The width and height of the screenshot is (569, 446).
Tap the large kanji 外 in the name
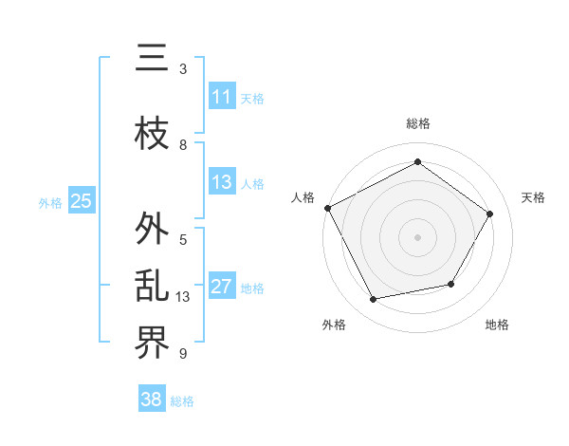[152, 230]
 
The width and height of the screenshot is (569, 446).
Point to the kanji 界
[152, 344]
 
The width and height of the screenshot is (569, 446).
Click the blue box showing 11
[222, 97]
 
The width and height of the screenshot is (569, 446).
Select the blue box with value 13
[222, 182]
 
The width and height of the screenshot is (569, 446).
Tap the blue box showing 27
[222, 287]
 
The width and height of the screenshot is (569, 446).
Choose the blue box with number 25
[81, 201]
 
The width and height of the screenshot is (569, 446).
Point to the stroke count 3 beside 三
[183, 69]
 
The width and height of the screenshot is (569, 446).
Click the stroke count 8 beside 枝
[183, 145]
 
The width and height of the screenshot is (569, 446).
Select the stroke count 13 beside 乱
[184, 297]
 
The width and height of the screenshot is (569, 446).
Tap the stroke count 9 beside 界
[183, 354]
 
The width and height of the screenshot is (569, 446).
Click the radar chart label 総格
[417, 123]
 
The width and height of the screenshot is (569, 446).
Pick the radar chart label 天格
[533, 197]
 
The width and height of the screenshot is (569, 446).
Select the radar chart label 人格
[303, 197]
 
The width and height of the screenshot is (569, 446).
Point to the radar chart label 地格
[497, 325]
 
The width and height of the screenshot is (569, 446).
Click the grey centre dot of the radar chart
[417, 236]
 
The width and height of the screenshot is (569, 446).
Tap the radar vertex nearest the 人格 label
[328, 208]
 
